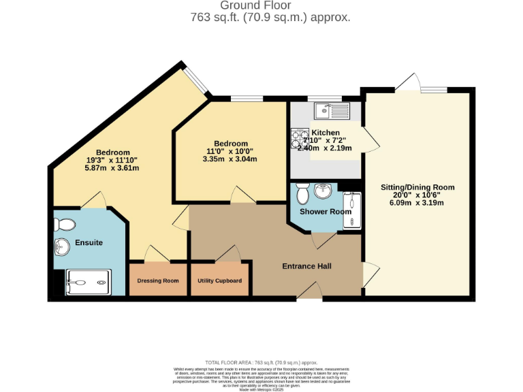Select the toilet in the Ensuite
[x=65, y=223]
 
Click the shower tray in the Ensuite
[x=87, y=282]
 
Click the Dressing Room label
[x=158, y=280]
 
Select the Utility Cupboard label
[x=219, y=280]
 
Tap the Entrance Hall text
[x=306, y=266]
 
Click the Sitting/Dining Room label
[x=416, y=187]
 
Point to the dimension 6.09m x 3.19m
[x=416, y=203]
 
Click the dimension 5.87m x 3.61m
[x=112, y=168]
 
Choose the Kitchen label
[x=326, y=133]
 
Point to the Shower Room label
[x=326, y=212]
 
